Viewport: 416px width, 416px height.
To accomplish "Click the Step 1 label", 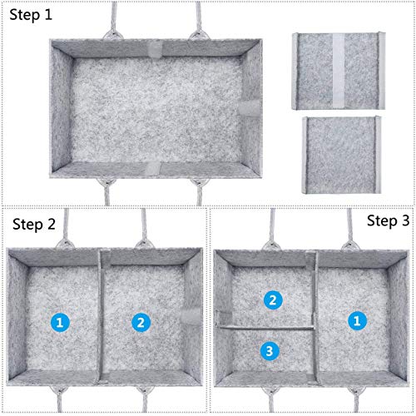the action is tap(31, 15).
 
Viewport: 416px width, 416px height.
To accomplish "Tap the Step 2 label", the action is tap(34, 224).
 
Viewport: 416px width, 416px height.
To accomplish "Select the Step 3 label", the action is tap(389, 221).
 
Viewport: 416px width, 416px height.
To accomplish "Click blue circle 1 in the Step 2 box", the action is tap(60, 323).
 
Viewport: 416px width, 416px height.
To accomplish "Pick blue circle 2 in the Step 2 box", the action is tap(141, 323).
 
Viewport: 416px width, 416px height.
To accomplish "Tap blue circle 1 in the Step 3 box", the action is tap(357, 321).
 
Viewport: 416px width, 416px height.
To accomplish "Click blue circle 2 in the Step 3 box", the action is tap(273, 300).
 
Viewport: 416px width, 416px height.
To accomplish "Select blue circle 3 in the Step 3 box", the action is tap(270, 351).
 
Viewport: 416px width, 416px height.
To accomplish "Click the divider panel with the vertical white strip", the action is tap(339, 71).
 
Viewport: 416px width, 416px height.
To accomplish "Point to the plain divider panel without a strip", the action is tap(341, 155).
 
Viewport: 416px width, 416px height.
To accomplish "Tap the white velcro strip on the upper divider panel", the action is tap(339, 71).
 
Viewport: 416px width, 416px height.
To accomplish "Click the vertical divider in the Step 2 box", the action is tap(101, 316).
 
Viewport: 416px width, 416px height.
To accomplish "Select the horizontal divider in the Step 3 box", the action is tap(267, 328).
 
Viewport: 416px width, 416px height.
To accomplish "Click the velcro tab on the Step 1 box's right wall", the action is tap(250, 108).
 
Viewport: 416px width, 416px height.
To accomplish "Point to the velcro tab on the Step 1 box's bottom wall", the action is tap(153, 168).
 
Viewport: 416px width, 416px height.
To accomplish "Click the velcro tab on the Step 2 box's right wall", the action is tap(191, 316).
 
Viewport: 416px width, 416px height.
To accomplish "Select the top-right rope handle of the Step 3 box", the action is tap(350, 230).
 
